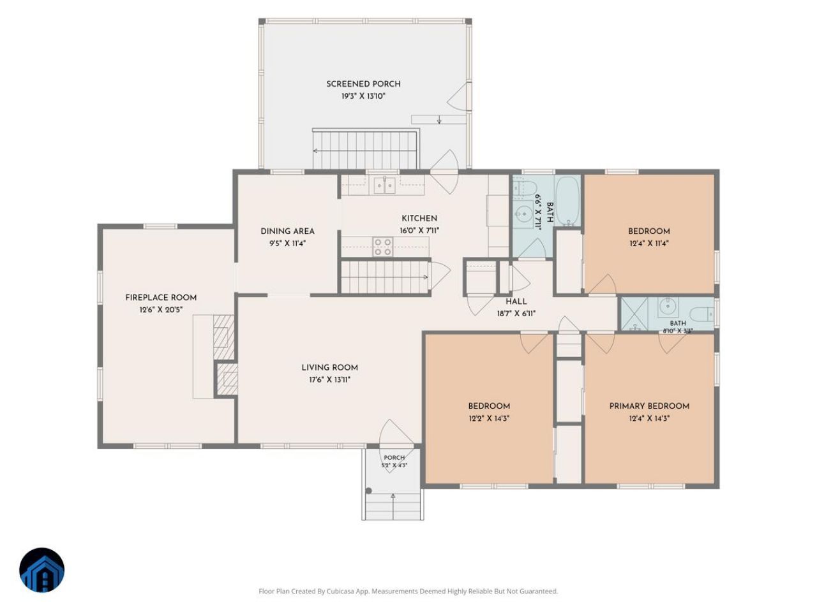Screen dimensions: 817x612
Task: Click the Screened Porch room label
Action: [x=363, y=84]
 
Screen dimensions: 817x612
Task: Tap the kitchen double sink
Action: [x=384, y=185]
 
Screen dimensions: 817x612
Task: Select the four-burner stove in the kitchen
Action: [x=382, y=247]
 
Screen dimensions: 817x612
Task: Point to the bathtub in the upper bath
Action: [x=567, y=201]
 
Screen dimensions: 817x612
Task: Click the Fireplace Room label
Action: [x=160, y=298]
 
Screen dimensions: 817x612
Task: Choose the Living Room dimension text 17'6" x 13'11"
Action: [x=329, y=380]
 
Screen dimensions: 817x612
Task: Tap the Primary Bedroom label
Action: [x=648, y=406]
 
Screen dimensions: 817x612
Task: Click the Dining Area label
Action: [x=287, y=231]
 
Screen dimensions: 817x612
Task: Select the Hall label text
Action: [x=516, y=302]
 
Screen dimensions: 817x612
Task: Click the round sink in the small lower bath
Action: [x=668, y=307]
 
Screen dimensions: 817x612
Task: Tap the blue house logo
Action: [x=41, y=570]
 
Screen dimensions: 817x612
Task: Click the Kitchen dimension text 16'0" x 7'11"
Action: [x=419, y=231]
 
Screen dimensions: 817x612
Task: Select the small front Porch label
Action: [x=394, y=458]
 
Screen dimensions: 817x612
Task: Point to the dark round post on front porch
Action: [x=368, y=491]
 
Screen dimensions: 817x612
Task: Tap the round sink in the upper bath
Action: [x=525, y=214]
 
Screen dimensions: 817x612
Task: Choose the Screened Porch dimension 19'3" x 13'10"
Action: [x=363, y=96]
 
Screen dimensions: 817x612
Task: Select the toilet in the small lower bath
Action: [x=701, y=315]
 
